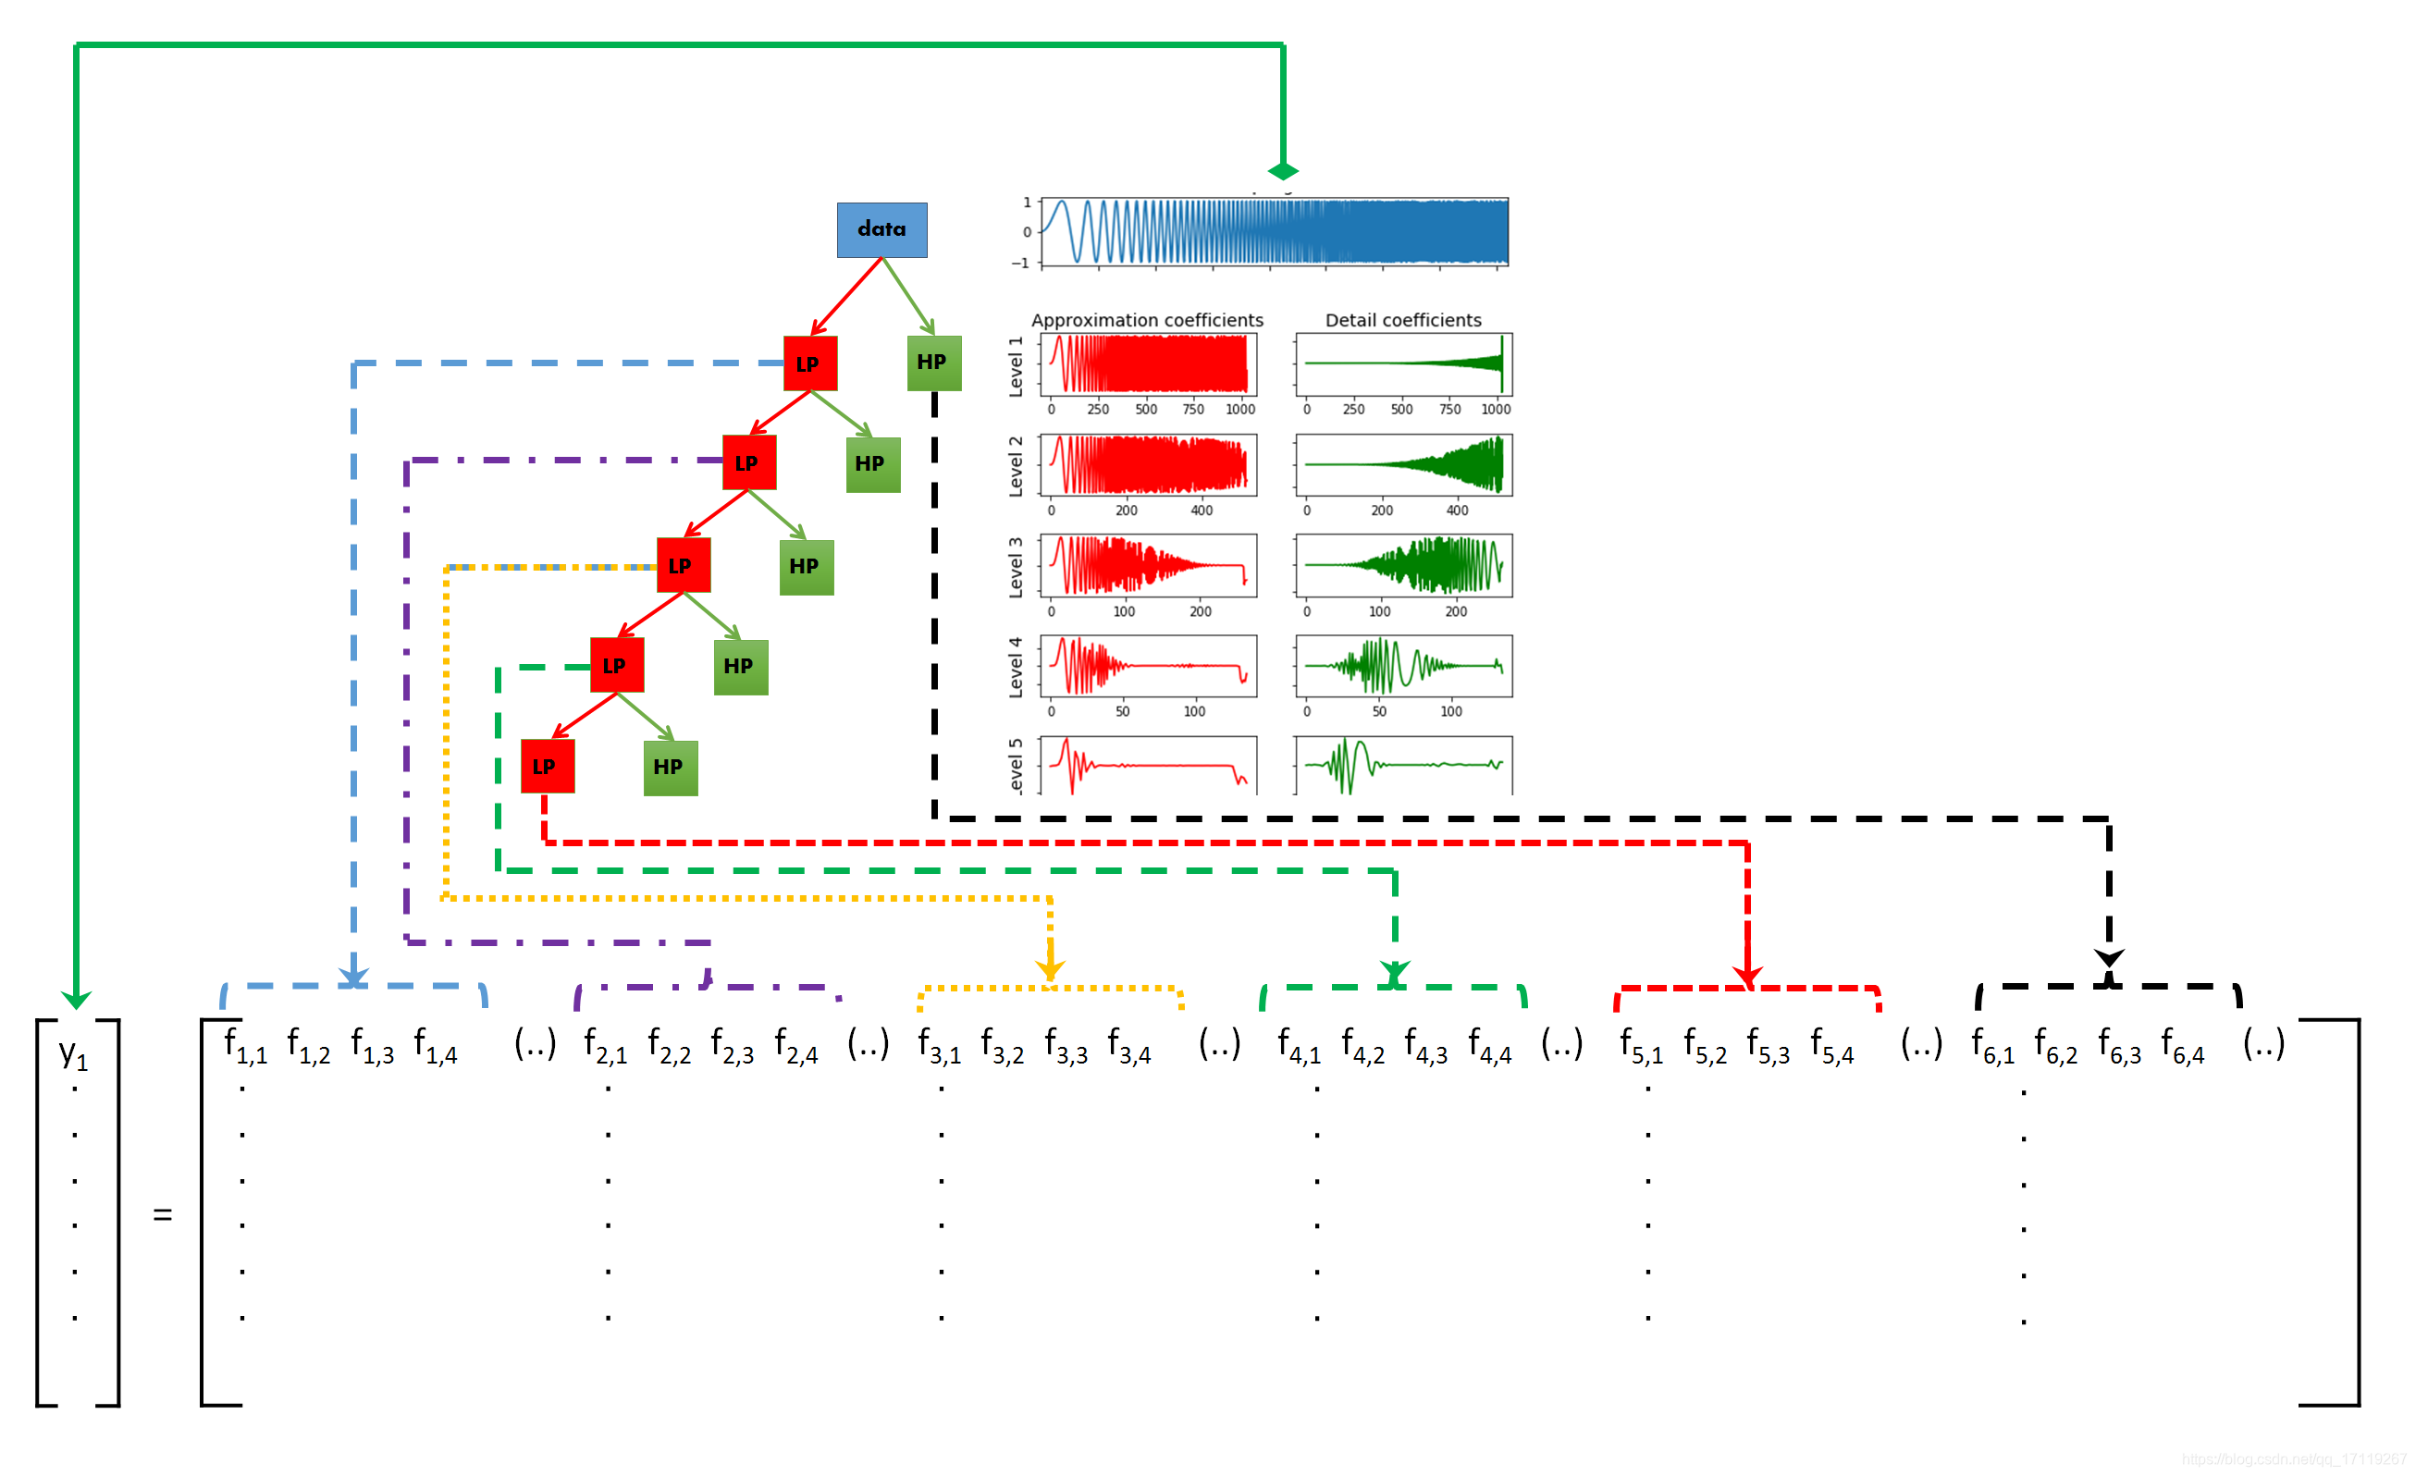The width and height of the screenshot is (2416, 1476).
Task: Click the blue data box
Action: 881,229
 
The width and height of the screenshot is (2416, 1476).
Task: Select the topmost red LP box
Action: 810,363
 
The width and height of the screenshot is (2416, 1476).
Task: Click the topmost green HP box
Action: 933,363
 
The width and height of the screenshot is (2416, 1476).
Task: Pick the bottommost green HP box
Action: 670,768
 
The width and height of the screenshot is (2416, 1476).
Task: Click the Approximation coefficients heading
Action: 1147,321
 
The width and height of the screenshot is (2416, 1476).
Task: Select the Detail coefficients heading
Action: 1403,321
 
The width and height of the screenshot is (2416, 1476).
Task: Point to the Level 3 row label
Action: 1016,567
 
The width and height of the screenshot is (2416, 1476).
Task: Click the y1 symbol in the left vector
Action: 74,1052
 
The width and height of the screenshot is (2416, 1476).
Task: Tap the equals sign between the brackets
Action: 163,1215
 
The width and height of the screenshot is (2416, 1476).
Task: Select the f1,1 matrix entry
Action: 245,1046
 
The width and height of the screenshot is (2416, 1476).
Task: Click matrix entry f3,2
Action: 1002,1046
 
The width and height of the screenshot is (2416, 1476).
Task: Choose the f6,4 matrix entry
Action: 2183,1046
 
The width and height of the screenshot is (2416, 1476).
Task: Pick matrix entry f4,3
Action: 1425,1046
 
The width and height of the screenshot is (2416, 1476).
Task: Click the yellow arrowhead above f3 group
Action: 1050,969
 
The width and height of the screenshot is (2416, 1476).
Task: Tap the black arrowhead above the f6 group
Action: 2109,957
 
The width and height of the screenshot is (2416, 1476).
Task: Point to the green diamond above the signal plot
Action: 1283,171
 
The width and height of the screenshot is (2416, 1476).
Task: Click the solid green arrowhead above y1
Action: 77,1000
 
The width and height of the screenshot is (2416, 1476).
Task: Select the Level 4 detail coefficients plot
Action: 1403,667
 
